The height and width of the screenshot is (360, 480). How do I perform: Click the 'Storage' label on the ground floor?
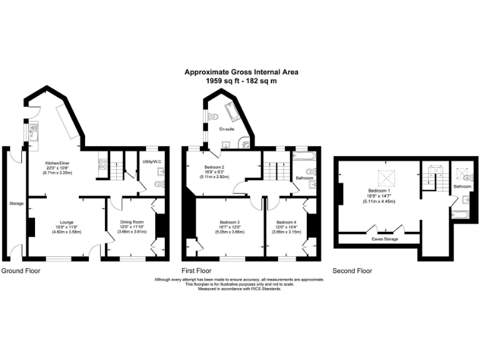tap(16, 203)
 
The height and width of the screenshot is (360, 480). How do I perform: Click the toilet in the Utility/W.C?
tap(159, 184)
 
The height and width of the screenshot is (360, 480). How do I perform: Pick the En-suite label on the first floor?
tap(226, 129)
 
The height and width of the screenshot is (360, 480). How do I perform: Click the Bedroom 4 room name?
tap(286, 222)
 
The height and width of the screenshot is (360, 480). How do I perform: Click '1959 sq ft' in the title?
tap(222, 81)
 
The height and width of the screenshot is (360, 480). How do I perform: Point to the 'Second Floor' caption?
tap(352, 271)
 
